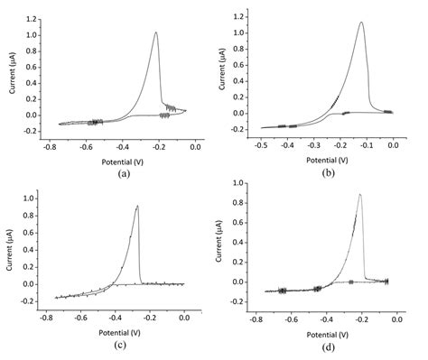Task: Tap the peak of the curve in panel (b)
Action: [x=361, y=23]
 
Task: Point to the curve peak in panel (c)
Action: [x=137, y=206]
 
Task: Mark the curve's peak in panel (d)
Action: [x=360, y=194]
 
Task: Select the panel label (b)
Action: [x=327, y=171]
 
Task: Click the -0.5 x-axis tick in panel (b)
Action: [x=261, y=144]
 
